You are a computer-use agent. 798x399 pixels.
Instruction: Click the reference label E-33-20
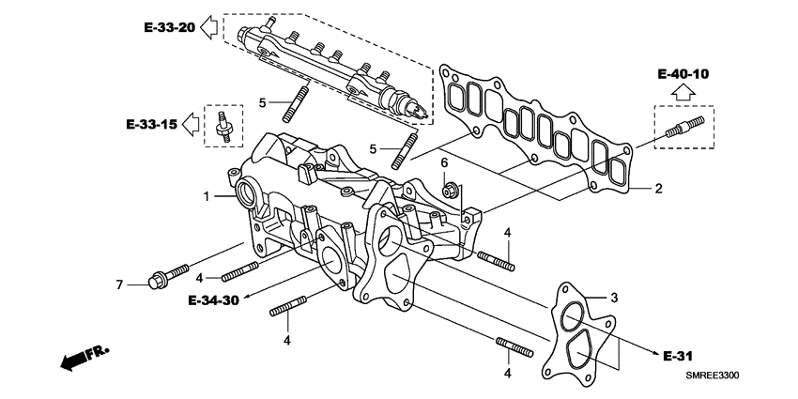coord(170,27)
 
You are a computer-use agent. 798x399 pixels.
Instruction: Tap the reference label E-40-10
coord(683,73)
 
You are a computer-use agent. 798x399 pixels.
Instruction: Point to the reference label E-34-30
coord(212,300)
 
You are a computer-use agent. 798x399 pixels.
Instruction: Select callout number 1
coord(204,196)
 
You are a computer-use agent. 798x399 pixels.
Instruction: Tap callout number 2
coord(658,189)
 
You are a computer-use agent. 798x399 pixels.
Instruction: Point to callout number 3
coord(615,298)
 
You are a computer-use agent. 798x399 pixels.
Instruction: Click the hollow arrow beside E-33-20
coord(208,27)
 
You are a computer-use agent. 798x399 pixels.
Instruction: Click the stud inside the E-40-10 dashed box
coord(683,128)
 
